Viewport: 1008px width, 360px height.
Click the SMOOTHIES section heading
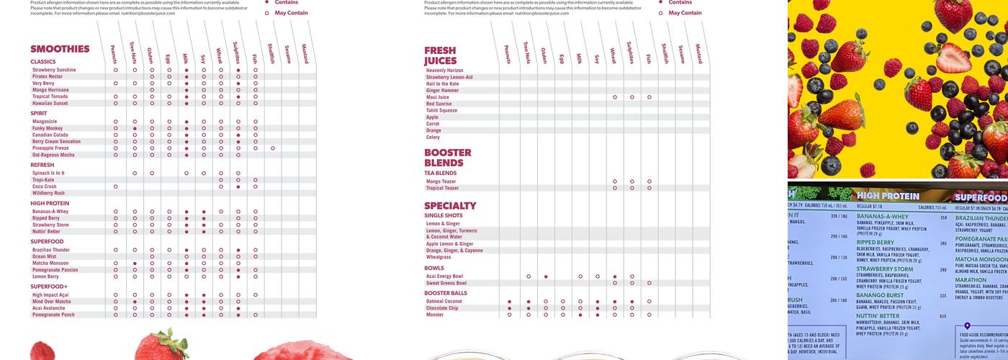(x=60, y=49)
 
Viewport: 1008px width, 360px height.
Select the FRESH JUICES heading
(x=440, y=55)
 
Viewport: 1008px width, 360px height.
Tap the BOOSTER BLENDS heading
(x=447, y=158)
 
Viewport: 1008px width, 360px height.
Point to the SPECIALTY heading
(x=450, y=206)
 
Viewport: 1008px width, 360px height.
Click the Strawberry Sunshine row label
(x=54, y=70)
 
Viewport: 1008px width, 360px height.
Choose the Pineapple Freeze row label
(x=50, y=148)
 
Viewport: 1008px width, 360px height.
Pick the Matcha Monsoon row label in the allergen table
(x=50, y=264)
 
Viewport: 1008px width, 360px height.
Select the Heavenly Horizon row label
(x=445, y=71)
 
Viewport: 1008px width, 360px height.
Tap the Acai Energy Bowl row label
(x=444, y=276)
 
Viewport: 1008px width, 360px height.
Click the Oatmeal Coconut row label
(x=444, y=302)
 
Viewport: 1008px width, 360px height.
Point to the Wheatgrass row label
(x=438, y=257)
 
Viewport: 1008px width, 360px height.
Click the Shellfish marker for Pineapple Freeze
(x=273, y=148)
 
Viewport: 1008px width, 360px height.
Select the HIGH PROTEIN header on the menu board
(x=888, y=196)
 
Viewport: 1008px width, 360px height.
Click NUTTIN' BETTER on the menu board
(x=878, y=315)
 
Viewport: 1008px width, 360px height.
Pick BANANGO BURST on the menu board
(x=880, y=295)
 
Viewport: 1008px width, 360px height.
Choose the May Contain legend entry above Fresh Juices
(x=684, y=13)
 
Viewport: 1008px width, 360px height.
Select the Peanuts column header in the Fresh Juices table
(x=508, y=54)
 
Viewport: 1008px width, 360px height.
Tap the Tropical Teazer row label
(x=442, y=189)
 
